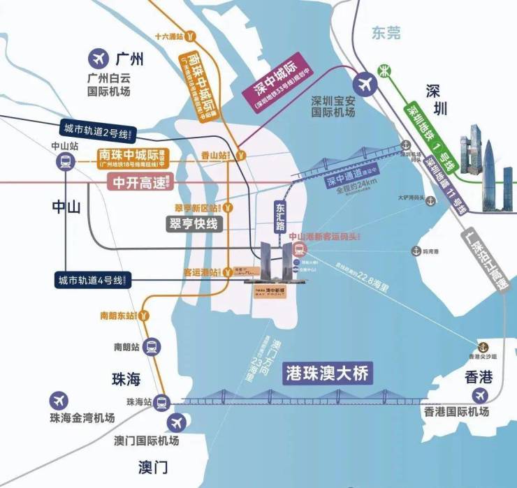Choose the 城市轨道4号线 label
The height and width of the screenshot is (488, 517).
(x=90, y=281)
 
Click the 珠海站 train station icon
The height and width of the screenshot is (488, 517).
(x=162, y=402)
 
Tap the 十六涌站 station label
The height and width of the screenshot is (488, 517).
(x=171, y=36)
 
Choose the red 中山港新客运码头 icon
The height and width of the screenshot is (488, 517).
(x=297, y=250)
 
